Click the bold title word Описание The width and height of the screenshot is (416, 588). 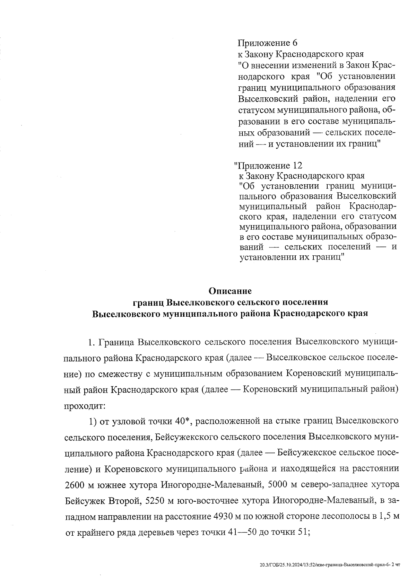point(231,290)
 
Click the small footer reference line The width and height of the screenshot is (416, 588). point(330,565)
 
